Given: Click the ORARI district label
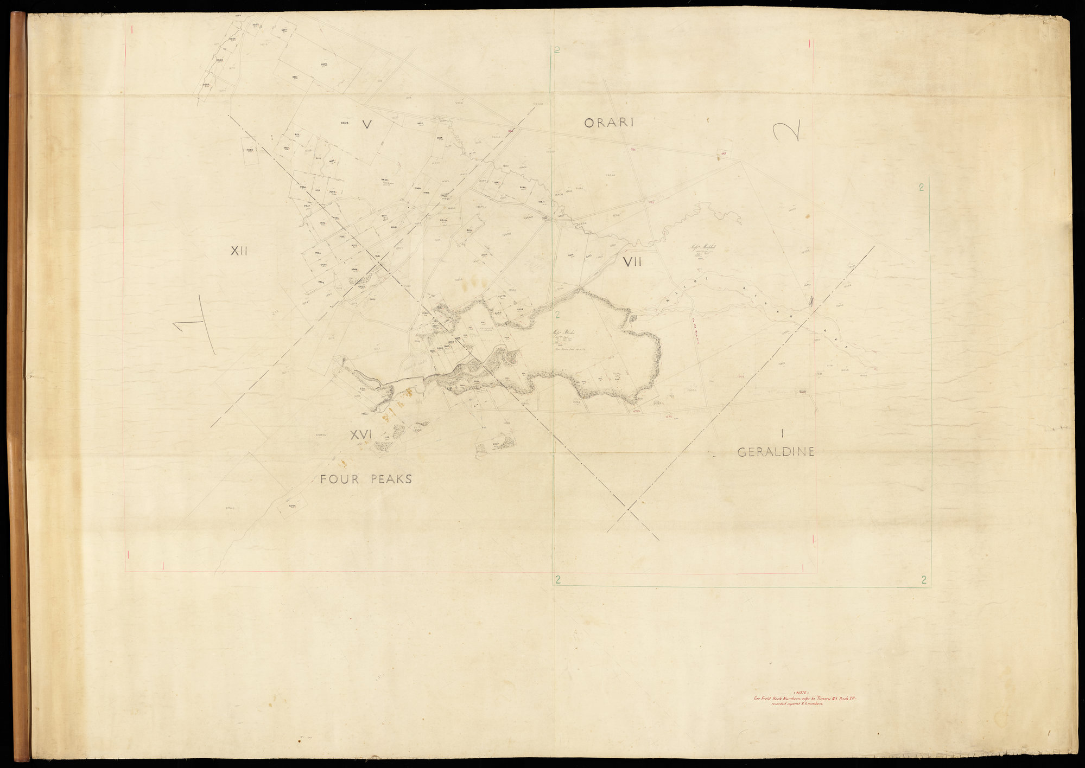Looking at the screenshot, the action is pos(609,123).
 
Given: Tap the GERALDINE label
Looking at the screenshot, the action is pos(776,452).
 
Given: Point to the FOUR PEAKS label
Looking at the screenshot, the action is pos(366,479).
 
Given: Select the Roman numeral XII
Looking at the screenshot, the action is pos(239,251).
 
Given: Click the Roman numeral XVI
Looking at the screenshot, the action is pos(360,434).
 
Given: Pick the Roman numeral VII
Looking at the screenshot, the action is pos(632,263).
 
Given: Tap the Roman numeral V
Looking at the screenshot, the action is pos(367,125).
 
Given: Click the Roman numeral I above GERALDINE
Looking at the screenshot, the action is pos(783,433).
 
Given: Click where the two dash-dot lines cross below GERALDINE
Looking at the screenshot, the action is pos(628,509).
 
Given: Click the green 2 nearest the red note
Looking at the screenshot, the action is pos(923,580).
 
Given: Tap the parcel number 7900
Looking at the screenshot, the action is pos(417,188).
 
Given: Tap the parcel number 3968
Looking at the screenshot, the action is pos(354,269).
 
